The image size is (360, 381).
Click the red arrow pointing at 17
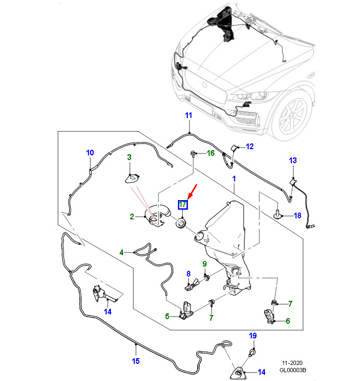pos(192,192)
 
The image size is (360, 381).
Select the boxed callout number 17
pos(183,204)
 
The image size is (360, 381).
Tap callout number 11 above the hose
pos(188,115)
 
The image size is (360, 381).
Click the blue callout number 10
pos(90,153)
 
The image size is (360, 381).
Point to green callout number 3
pos(130,157)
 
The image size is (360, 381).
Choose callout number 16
pos(211,153)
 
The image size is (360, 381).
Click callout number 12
pos(250,146)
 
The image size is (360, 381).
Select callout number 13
pos(293,161)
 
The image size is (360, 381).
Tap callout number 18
pos(298,216)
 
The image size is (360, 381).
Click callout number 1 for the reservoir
pos(234,179)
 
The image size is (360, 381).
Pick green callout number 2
pos(132,217)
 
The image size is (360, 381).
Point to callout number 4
pos(122,253)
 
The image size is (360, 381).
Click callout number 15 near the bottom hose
pos(136,361)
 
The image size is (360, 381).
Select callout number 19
pos(253,336)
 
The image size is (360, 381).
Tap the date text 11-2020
pos(292,363)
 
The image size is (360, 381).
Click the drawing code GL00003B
pos(292,370)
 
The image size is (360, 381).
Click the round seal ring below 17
pos(181,224)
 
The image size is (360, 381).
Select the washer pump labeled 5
pos(187,310)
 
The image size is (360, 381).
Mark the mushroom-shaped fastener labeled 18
pos(277,214)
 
